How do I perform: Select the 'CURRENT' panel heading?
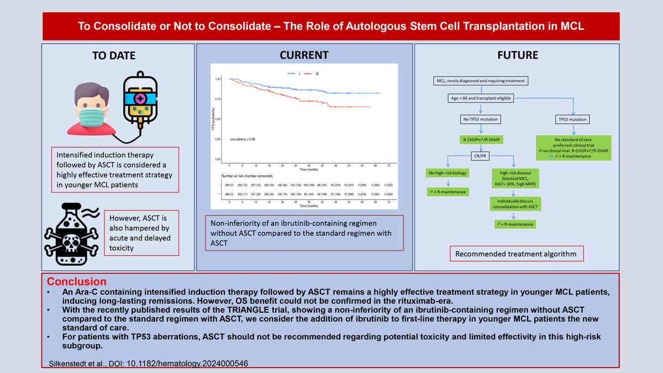304,55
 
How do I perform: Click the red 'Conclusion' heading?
76,282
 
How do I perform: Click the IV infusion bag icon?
140,99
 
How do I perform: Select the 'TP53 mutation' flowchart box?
573,119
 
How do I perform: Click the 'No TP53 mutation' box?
480,119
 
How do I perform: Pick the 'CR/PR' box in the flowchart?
480,155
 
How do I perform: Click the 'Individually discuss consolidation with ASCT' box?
514,203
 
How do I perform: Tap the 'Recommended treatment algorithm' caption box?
515,255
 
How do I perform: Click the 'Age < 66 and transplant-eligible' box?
480,98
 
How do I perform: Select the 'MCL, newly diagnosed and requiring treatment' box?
480,81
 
